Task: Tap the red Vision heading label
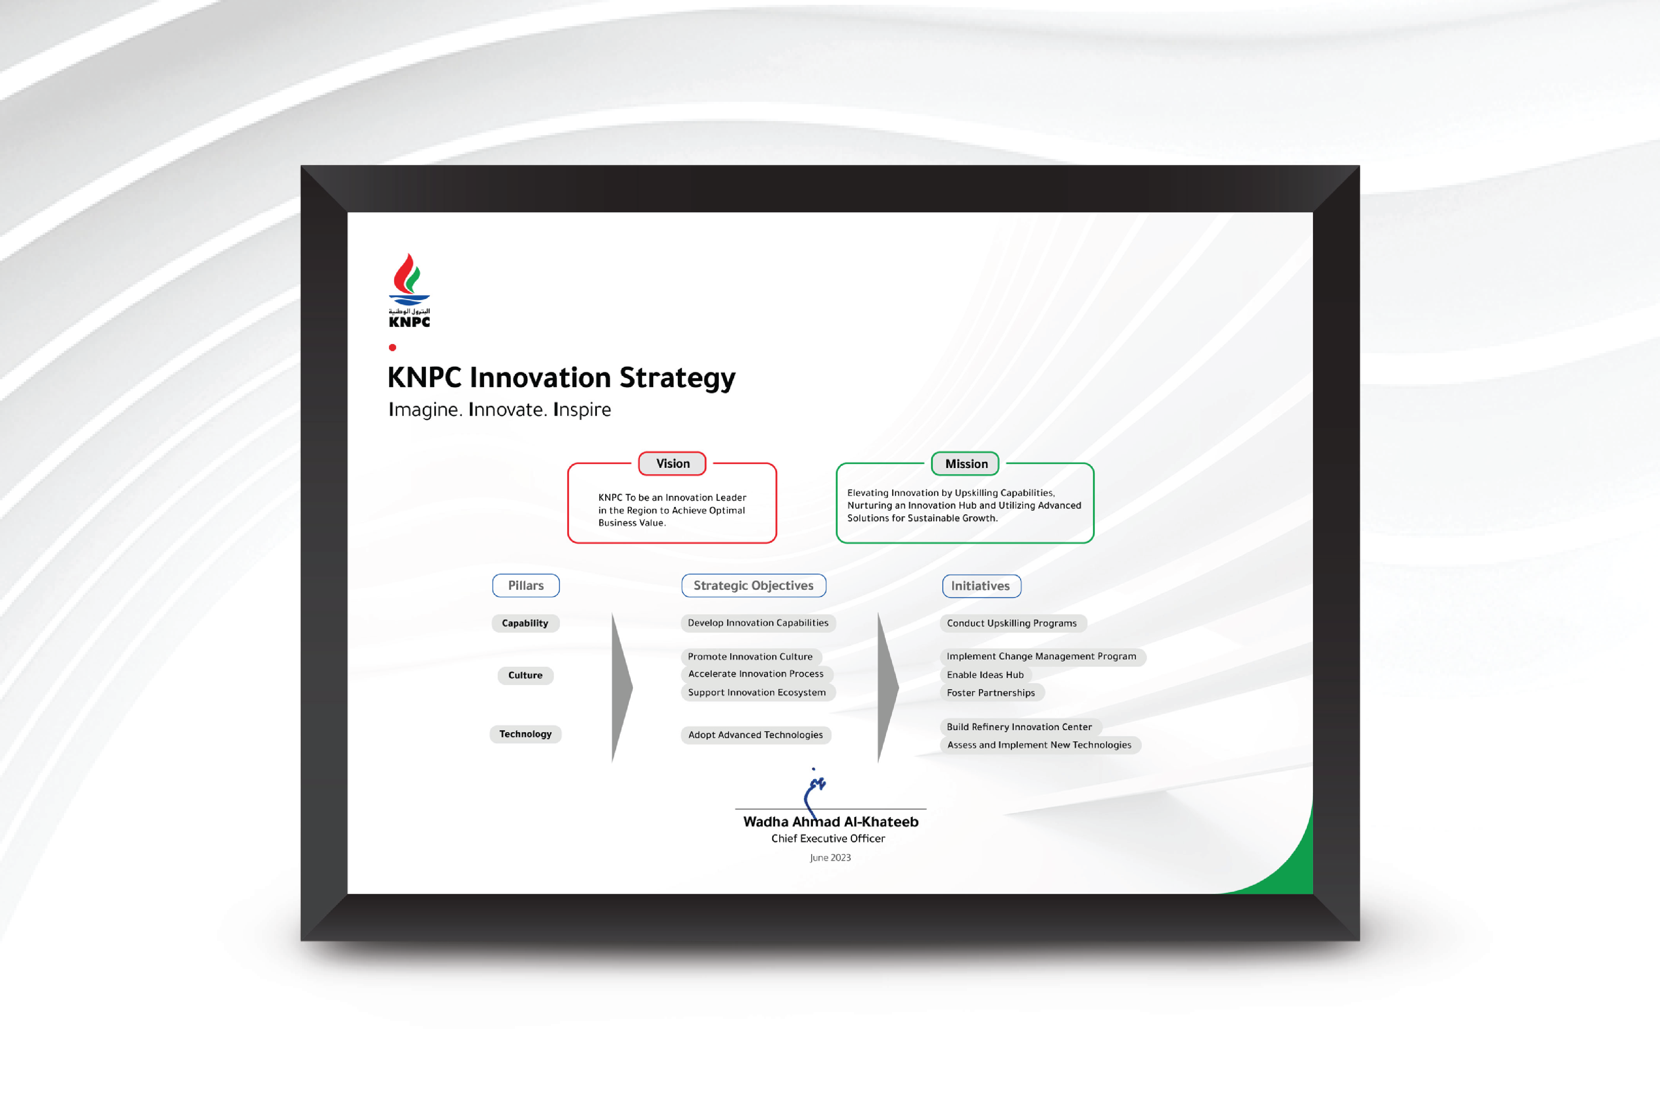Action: point(672,463)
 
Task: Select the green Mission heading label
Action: point(965,463)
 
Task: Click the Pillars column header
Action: point(526,586)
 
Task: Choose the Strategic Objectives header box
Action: point(754,586)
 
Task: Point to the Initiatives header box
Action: point(981,586)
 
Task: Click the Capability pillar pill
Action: point(525,623)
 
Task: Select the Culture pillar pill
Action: point(525,675)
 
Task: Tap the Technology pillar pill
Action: point(525,734)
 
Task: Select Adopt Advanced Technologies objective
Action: point(756,734)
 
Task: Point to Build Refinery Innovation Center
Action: point(1020,726)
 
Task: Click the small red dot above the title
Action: point(392,347)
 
